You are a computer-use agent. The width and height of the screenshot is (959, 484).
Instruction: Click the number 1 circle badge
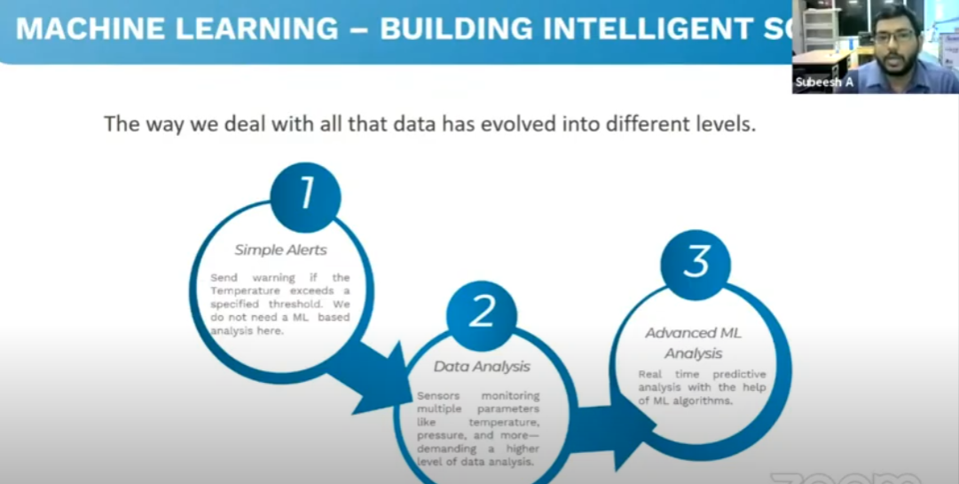pyautogui.click(x=306, y=198)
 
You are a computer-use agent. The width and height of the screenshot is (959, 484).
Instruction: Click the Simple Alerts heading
pyautogui.click(x=280, y=250)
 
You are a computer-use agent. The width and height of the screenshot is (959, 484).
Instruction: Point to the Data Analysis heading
pyautogui.click(x=482, y=367)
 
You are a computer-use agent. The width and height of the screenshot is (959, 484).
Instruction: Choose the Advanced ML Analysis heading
pyautogui.click(x=694, y=344)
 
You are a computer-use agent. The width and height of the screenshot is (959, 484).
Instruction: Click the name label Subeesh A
pyautogui.click(x=824, y=83)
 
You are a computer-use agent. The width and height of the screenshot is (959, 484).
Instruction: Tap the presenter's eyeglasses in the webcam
pyautogui.click(x=894, y=36)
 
